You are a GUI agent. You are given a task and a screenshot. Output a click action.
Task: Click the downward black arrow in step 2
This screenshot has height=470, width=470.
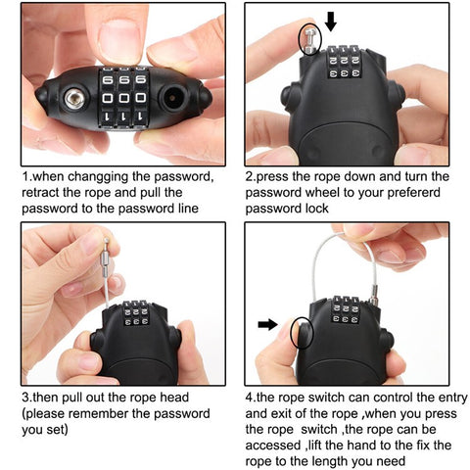tap(329, 21)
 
